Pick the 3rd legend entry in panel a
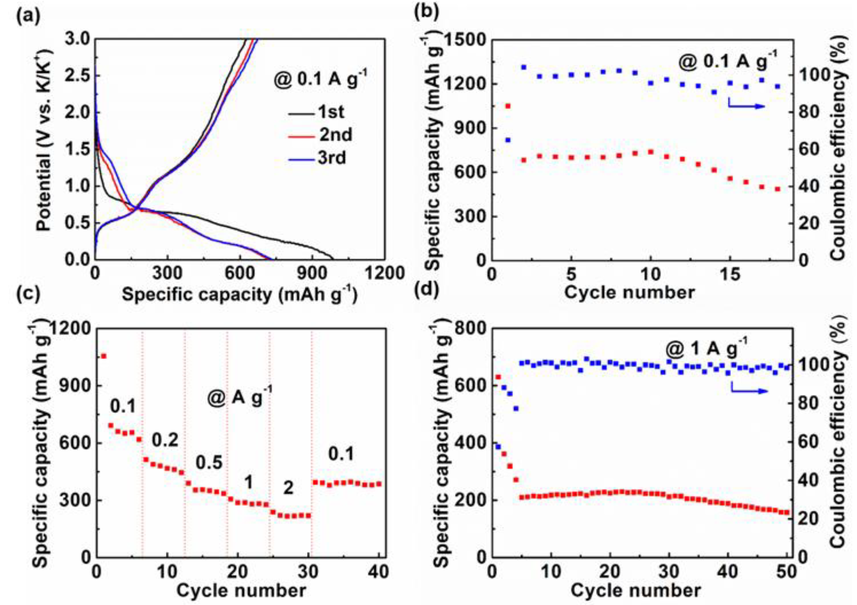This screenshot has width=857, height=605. click(x=331, y=158)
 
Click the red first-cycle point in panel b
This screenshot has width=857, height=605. click(x=508, y=106)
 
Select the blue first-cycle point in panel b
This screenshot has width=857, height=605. click(x=508, y=140)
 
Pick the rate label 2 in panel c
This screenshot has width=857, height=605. click(x=288, y=488)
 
